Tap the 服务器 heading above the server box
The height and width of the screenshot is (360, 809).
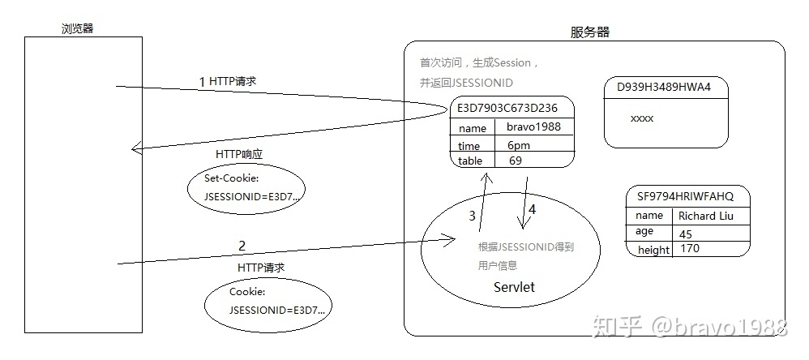[x=590, y=32]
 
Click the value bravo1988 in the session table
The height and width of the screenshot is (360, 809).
[x=533, y=127]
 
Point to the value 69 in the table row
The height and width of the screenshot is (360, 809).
[x=516, y=161]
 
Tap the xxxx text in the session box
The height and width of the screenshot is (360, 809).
[x=641, y=118]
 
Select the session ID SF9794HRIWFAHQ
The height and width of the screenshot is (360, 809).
[x=685, y=196]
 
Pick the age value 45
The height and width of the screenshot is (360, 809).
[x=686, y=234]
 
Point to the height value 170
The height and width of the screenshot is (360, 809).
[x=690, y=249]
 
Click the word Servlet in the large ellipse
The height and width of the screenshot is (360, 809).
[x=514, y=287]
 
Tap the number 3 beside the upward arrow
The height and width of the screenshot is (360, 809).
[x=473, y=216]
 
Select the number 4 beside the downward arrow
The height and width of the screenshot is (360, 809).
[x=532, y=209]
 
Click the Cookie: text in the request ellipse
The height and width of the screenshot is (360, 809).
[x=247, y=292]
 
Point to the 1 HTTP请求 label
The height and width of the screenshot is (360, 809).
[x=228, y=81]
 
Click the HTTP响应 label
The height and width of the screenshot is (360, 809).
[x=239, y=153]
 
